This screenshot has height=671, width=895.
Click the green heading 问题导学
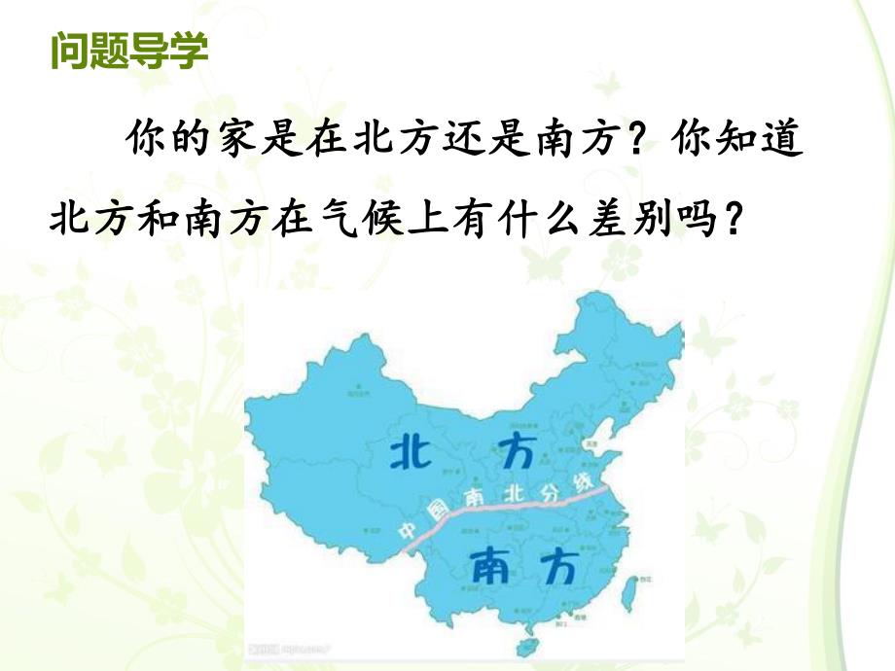coord(128,51)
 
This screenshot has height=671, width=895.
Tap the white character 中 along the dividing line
coord(407,531)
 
